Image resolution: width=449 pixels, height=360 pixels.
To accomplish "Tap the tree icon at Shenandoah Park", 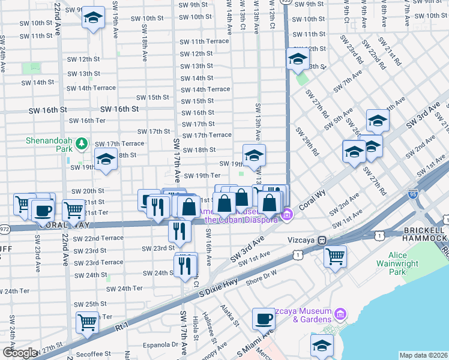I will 80,143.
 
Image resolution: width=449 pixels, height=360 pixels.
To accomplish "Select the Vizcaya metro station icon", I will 322,240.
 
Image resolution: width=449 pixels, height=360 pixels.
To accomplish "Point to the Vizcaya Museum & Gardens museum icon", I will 340,313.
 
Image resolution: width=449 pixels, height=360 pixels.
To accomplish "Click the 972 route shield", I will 5,229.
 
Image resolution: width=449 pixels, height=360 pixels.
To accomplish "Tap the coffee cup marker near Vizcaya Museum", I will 262,318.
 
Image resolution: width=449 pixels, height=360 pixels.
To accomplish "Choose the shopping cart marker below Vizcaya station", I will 335,256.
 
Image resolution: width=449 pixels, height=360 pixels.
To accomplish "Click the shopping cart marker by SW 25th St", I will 88,323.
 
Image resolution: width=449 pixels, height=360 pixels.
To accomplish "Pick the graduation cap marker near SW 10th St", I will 93,17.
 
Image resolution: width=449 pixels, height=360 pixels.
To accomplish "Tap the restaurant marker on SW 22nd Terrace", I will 179,230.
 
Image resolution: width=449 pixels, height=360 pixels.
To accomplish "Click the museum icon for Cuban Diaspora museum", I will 287,214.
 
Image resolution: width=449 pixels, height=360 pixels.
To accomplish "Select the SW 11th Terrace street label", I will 205,41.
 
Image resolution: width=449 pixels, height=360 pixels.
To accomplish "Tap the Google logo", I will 19,353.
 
